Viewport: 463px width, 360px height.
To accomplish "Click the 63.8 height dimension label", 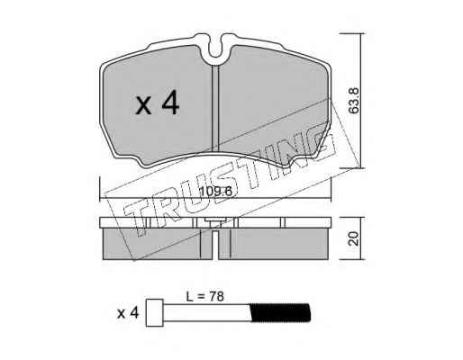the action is coord(354,101).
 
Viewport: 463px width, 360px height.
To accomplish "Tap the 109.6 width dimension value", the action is coord(216,192).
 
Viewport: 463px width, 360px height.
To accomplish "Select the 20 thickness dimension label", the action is coord(354,238).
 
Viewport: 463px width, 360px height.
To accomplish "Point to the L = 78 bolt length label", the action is coord(205,297).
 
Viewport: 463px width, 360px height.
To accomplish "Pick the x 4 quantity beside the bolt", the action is coord(128,313).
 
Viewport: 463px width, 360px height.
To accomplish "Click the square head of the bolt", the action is coord(154,312).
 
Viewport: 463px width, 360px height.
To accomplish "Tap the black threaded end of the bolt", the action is coord(280,312).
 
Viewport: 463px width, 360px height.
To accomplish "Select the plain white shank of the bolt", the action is coord(206,312).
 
